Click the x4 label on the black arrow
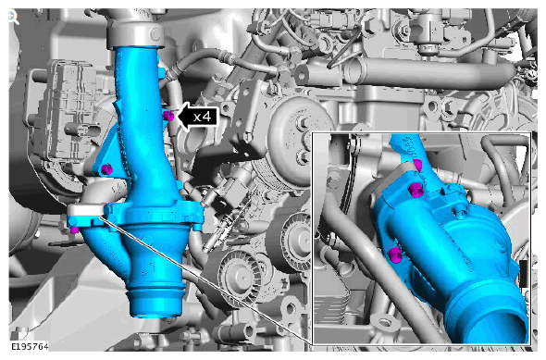click(203, 117)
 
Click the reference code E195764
click(30, 346)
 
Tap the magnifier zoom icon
click(13, 18)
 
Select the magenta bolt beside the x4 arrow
click(168, 117)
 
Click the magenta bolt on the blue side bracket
click(107, 169)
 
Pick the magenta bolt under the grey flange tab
click(74, 230)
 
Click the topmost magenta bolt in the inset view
click(417, 166)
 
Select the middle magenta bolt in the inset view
click(416, 191)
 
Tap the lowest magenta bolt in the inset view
click(395, 255)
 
